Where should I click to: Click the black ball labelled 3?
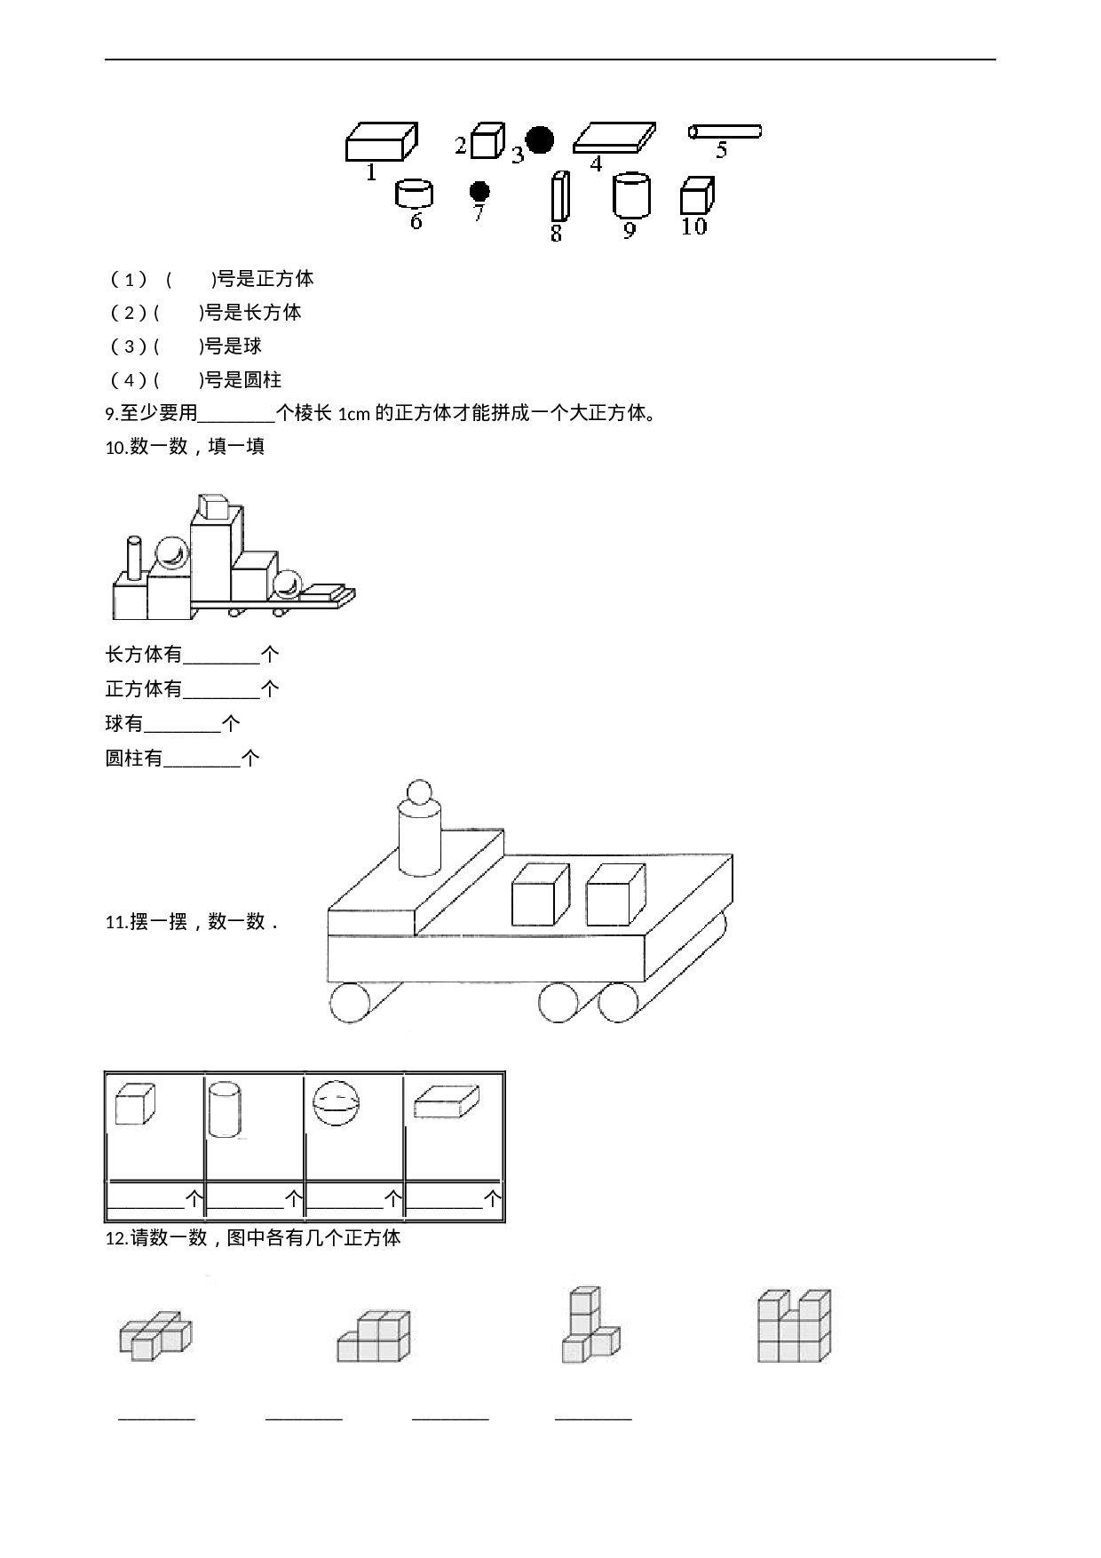[x=539, y=139]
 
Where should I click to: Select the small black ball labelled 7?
[x=479, y=191]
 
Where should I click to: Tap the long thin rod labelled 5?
[x=725, y=131]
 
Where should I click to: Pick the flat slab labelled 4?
[x=614, y=138]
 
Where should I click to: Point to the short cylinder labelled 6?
[x=414, y=193]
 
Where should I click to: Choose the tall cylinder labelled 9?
[x=631, y=195]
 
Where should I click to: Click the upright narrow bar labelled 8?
[x=559, y=195]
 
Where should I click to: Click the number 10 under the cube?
[x=693, y=227]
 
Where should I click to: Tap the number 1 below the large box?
[x=371, y=172]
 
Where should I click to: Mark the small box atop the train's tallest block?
[x=213, y=506]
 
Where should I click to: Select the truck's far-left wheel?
[x=349, y=1004]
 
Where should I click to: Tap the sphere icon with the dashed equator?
[x=335, y=1104]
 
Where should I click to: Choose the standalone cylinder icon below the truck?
[x=226, y=1107]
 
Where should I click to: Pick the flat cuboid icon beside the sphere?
[x=446, y=1102]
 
